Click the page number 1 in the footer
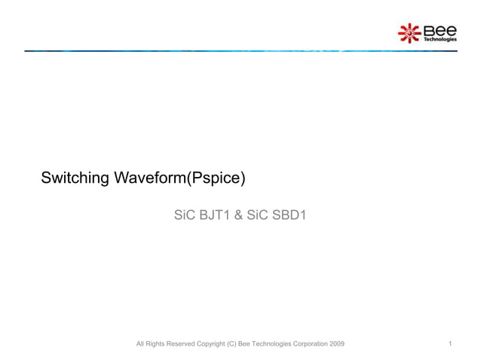450,344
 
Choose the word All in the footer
139,344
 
